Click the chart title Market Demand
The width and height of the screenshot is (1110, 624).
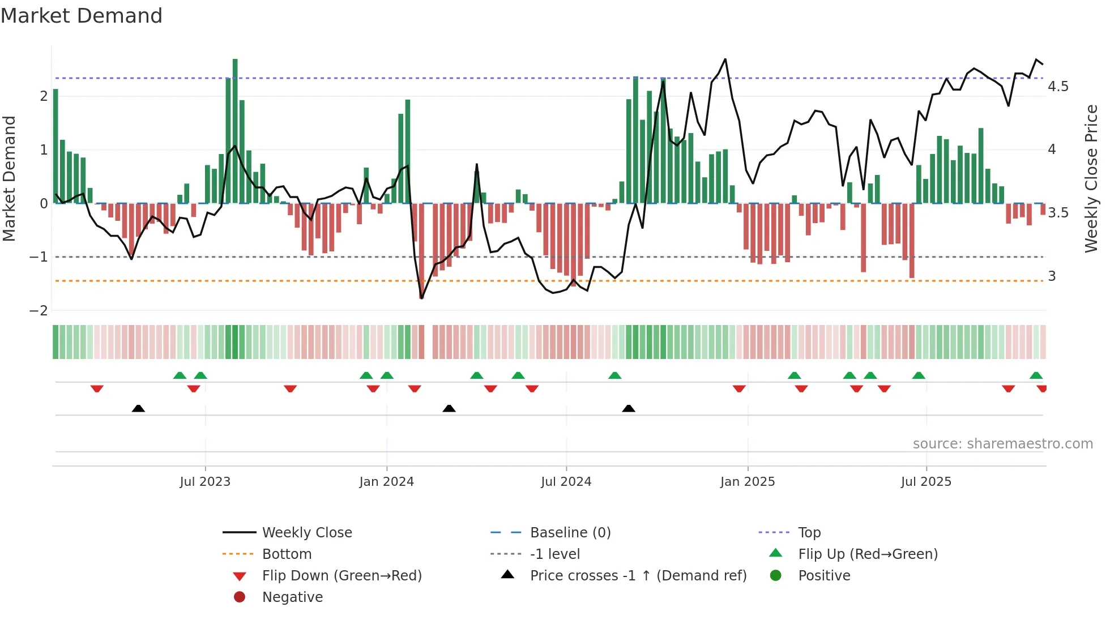[x=82, y=16]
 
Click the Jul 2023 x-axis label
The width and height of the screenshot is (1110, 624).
[x=205, y=482]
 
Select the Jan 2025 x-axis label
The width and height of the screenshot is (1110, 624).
[x=747, y=482]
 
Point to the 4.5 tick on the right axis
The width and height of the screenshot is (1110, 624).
[x=1057, y=87]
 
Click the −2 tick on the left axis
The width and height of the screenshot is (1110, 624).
[x=39, y=311]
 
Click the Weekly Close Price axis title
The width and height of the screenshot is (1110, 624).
[x=1091, y=178]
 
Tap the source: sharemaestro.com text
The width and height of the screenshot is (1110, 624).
[x=1002, y=444]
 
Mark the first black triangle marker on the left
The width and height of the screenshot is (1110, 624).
[x=138, y=408]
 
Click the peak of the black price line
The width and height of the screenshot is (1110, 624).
[x=725, y=59]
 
